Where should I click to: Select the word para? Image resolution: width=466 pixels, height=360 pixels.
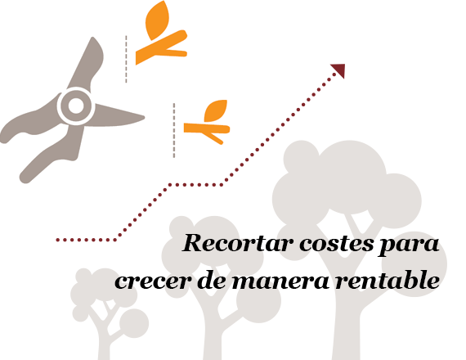[410, 246]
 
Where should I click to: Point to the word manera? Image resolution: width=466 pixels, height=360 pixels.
[281, 281]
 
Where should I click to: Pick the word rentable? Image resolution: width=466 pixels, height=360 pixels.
[388, 279]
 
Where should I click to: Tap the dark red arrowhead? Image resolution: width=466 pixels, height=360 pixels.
[339, 70]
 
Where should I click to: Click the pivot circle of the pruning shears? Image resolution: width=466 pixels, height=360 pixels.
[76, 106]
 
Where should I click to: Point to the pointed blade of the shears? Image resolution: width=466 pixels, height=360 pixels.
[119, 116]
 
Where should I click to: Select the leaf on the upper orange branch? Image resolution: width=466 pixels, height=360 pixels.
[157, 20]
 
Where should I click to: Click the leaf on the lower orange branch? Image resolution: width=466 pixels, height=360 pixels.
[216, 110]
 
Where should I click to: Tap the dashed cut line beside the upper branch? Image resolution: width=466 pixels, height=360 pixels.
[126, 59]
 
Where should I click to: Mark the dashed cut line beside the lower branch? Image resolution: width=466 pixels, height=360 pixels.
[174, 130]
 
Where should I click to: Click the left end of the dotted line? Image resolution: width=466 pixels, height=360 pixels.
[58, 240]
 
